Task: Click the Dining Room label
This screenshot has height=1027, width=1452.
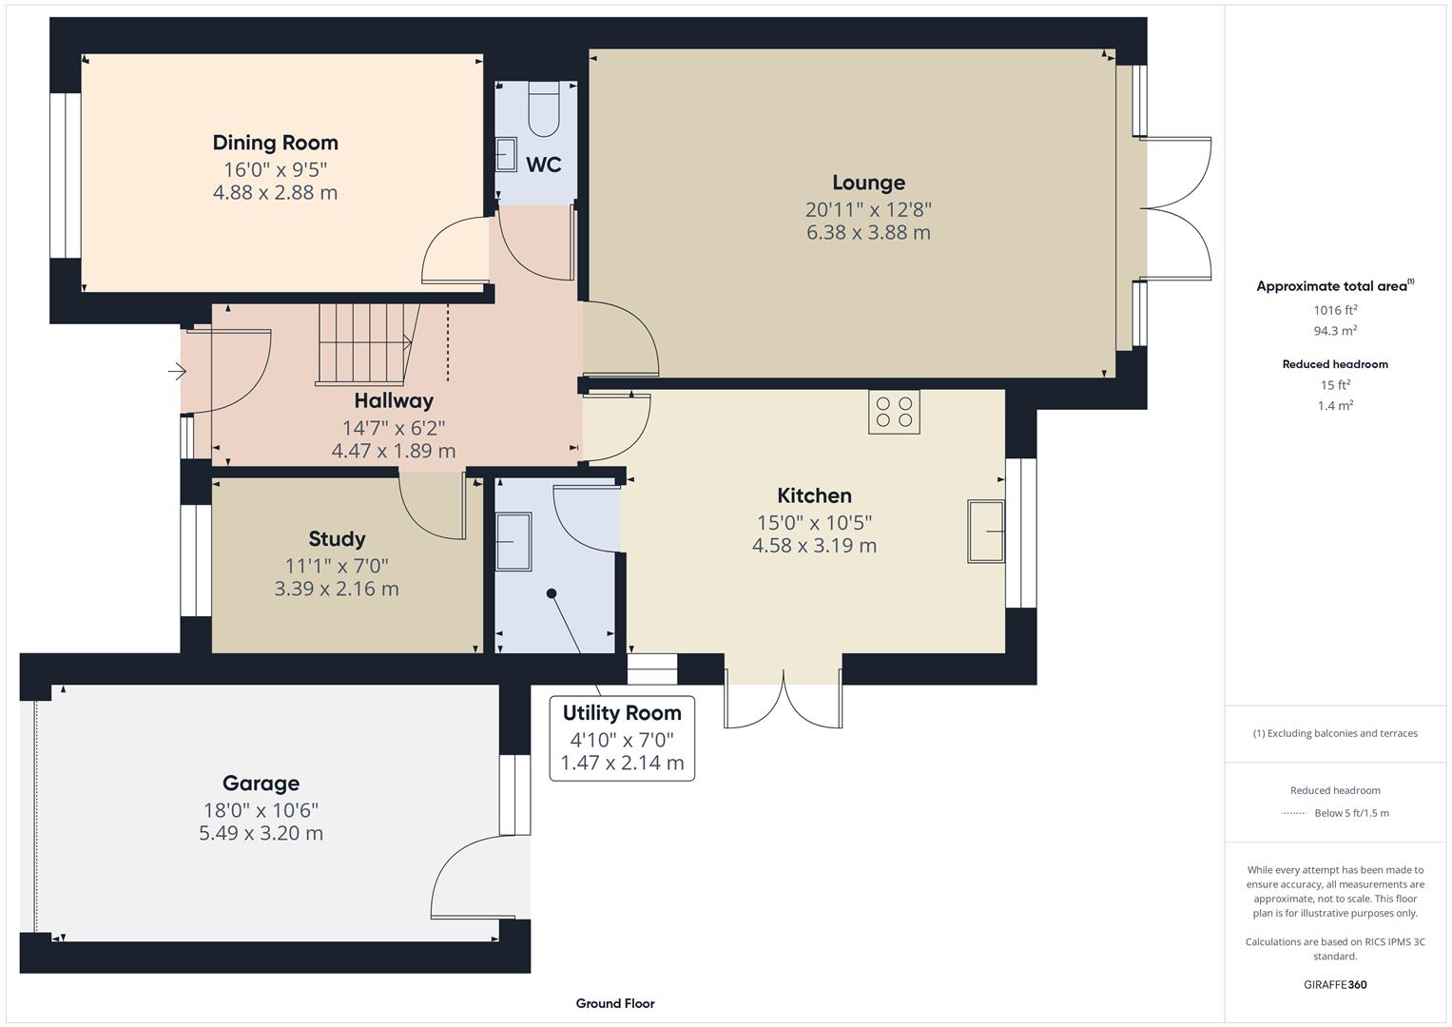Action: [x=275, y=143]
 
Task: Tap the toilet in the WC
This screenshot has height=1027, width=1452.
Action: [x=545, y=109]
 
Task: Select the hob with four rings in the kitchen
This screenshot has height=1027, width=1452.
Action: [x=894, y=412]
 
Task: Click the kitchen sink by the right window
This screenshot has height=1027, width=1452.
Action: [x=986, y=532]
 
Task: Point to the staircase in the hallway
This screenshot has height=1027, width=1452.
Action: [x=366, y=343]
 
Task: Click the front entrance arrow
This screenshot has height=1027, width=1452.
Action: [x=178, y=371]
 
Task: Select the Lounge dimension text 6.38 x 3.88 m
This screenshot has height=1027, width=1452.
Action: [x=868, y=232]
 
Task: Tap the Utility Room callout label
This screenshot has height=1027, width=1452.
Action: [x=622, y=713]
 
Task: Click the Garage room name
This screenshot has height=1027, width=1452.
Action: [x=261, y=784]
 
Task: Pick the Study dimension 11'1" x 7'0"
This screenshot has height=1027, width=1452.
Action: [x=337, y=566]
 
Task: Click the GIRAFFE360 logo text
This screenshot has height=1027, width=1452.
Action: [x=1335, y=984]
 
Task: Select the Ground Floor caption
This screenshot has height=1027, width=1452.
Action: [x=615, y=1003]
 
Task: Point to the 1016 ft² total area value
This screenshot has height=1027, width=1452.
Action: [x=1335, y=310]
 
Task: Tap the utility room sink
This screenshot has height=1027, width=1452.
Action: [x=513, y=542]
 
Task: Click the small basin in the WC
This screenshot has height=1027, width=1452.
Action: [x=506, y=155]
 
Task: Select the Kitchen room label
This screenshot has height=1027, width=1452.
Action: [x=814, y=495]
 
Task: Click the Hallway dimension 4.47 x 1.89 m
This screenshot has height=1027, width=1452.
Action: [x=393, y=451]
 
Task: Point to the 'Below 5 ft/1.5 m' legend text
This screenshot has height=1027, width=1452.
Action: [x=1351, y=813]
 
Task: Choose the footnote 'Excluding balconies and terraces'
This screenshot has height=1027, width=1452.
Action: [x=1335, y=733]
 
